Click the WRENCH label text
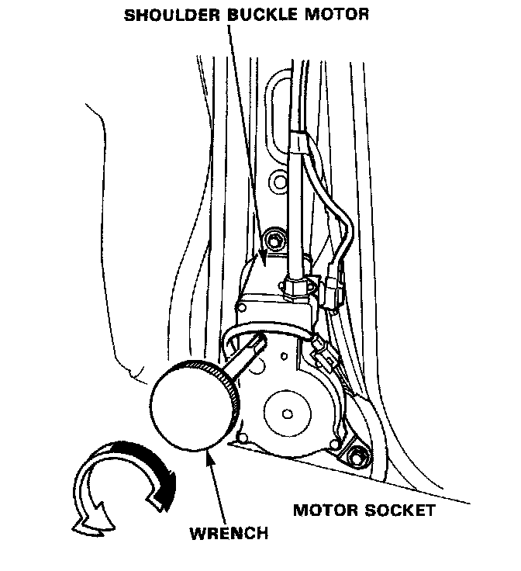(x=229, y=533)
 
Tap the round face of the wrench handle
(x=187, y=407)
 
